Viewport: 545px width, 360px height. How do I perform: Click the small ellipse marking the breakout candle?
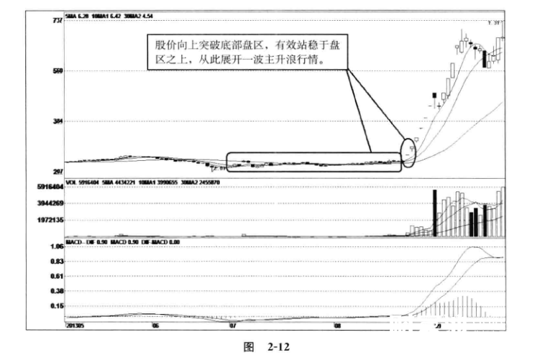[x=410, y=152]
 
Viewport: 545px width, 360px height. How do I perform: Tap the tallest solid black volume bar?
[x=434, y=213]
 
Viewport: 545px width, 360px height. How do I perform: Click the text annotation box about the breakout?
[x=245, y=51]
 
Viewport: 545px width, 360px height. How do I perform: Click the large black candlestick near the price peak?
[x=485, y=58]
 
